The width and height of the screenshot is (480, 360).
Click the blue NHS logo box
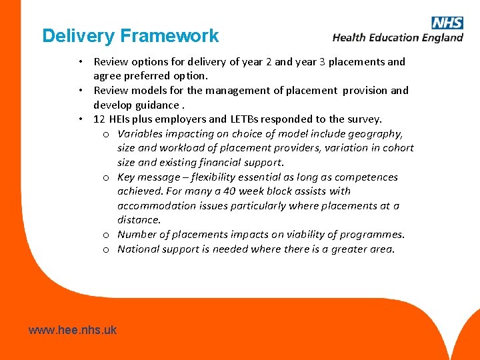447,23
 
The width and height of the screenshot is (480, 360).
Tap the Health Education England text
397,37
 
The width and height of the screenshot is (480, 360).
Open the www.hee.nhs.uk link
73,329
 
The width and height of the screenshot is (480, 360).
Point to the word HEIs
121,119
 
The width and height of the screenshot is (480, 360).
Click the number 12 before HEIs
100,119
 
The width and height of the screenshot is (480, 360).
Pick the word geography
378,133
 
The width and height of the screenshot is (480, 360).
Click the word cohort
398,148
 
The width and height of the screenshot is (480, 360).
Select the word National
138,249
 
